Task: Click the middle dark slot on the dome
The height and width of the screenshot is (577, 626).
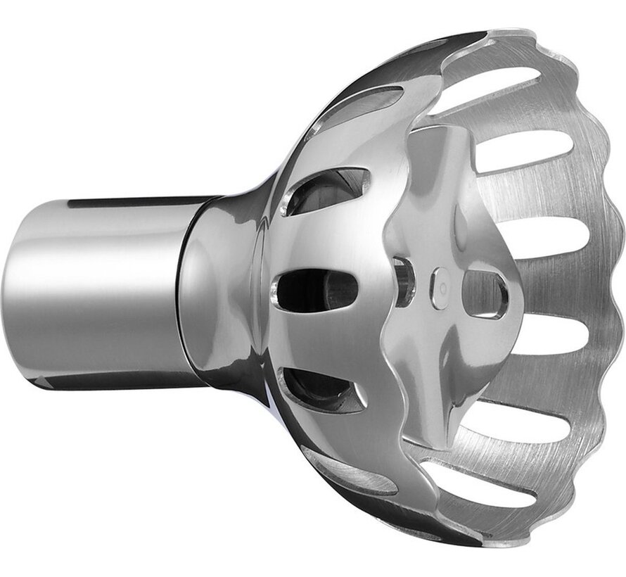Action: pos(317,289)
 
